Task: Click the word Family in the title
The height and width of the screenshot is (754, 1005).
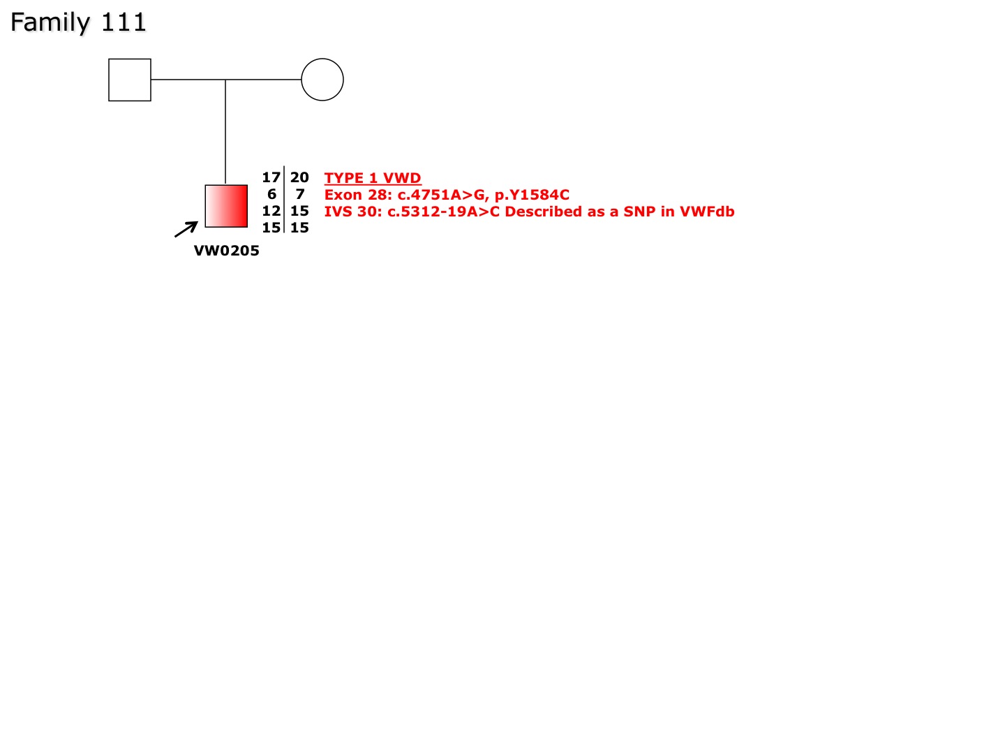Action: [50, 23]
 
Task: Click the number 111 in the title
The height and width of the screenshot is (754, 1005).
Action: [123, 22]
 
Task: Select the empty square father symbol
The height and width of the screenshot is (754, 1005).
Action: [130, 80]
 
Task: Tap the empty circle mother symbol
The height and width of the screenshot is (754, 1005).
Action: [322, 80]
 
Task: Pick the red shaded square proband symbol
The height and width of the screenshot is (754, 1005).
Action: [226, 206]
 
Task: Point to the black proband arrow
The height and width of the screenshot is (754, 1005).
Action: [186, 229]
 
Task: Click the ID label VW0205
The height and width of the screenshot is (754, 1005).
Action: [227, 251]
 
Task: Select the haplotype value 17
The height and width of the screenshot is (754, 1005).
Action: [271, 177]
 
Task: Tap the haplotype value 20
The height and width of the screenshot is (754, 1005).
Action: [299, 177]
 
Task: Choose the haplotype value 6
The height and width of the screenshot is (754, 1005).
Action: [272, 194]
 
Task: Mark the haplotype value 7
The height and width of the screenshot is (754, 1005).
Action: [300, 194]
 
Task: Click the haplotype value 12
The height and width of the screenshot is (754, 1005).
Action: [271, 211]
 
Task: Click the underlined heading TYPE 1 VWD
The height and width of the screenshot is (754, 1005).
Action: [373, 178]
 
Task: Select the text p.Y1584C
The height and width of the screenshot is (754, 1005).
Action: [532, 195]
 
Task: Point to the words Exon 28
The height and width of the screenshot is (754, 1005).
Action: [356, 195]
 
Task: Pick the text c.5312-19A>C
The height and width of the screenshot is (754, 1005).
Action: [444, 212]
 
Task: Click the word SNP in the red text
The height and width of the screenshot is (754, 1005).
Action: [639, 212]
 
